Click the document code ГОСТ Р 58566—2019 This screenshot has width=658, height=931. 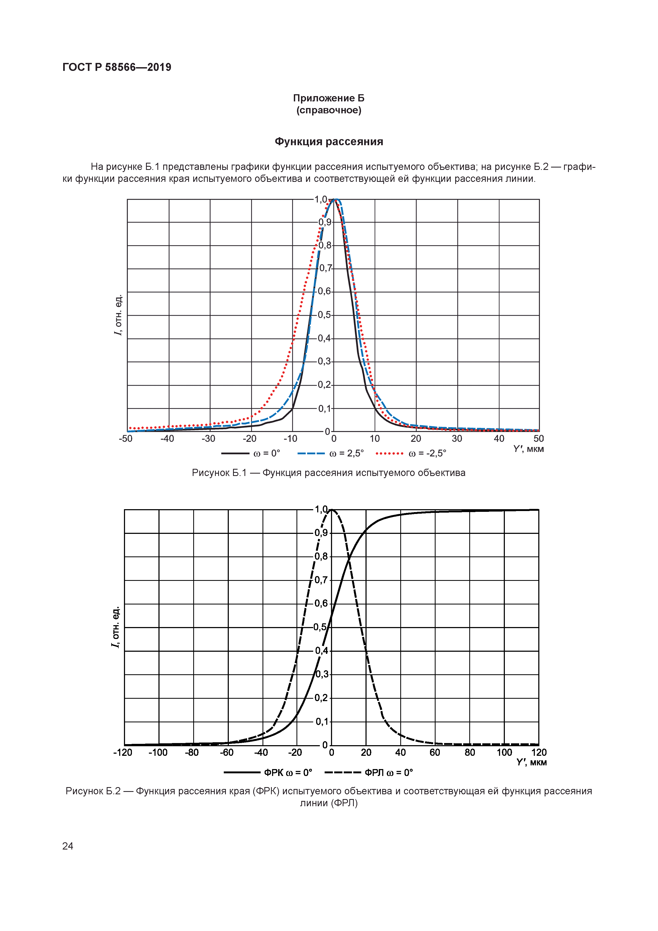117,67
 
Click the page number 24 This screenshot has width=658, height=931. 68,846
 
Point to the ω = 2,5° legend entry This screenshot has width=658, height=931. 331,453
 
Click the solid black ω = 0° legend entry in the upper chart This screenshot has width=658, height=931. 251,453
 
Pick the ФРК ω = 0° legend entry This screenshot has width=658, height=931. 268,773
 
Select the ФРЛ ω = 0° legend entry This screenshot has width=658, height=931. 369,773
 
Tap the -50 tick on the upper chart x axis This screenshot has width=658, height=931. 126,439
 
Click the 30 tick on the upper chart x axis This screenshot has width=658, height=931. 457,439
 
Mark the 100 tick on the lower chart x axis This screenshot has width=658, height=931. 504,753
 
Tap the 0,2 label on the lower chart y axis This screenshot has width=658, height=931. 321,698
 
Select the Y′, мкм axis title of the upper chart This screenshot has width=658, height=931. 528,449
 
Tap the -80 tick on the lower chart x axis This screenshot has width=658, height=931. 192,753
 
